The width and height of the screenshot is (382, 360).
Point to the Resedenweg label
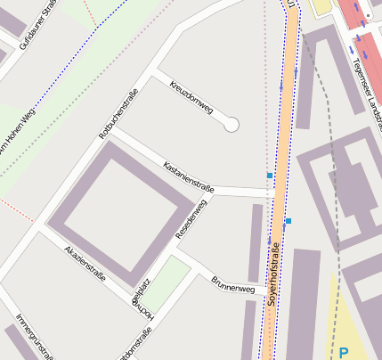coord(191,218)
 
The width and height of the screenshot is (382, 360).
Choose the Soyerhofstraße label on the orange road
coord(274,274)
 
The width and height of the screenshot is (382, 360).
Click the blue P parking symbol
coord(344,353)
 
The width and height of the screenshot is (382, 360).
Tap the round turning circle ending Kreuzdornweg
coord(232,125)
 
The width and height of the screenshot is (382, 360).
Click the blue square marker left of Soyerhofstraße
coord(270,176)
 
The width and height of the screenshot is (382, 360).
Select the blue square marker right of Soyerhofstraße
coord(289,220)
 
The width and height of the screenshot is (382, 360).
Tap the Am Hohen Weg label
coord(18,134)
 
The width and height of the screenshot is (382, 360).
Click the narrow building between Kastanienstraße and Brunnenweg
coord(256,242)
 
